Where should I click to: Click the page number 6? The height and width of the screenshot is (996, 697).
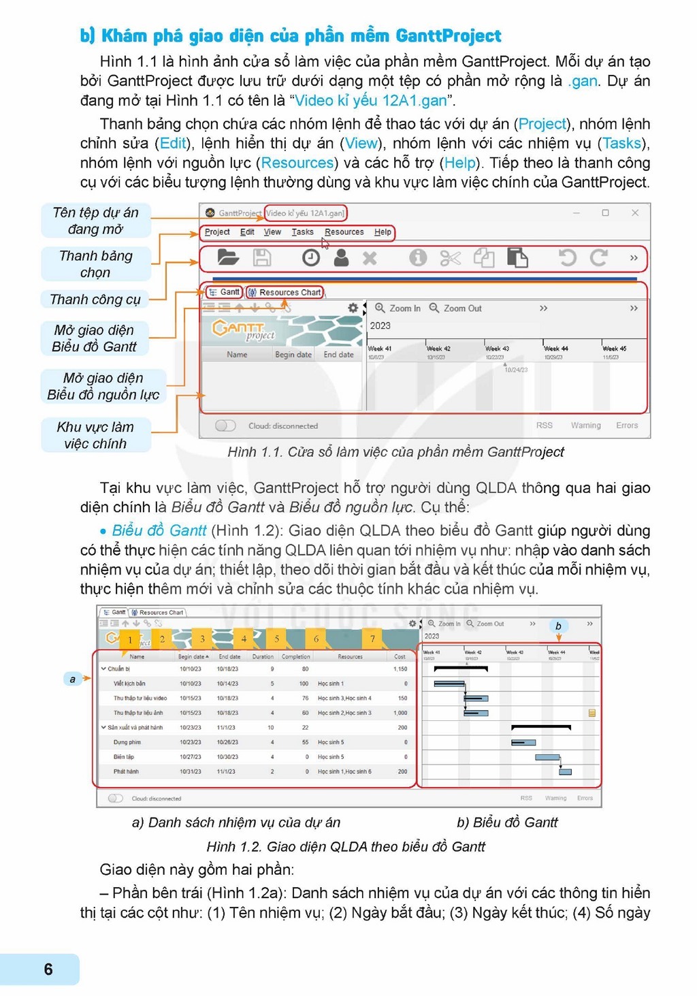click(x=48, y=969)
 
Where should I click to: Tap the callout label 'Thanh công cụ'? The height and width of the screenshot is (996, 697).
click(x=95, y=300)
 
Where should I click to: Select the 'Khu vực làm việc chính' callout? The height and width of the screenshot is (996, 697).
click(x=95, y=435)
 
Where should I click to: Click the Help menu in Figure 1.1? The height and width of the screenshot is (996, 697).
click(x=383, y=232)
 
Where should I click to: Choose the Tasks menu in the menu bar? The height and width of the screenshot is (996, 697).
click(x=302, y=232)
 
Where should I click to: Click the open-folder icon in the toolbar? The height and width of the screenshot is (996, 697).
click(x=227, y=258)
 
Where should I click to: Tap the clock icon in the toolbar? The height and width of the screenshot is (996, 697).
click(x=310, y=258)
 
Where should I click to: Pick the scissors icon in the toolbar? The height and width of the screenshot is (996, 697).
click(x=450, y=258)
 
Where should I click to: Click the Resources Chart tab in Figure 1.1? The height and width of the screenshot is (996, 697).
click(x=285, y=292)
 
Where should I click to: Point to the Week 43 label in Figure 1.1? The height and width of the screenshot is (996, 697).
click(x=496, y=349)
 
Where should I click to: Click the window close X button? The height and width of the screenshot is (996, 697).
click(x=634, y=213)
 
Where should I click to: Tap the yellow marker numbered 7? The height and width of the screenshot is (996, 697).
click(x=372, y=639)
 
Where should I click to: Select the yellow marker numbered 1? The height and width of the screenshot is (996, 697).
click(x=130, y=639)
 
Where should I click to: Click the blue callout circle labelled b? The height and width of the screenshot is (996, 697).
click(x=558, y=626)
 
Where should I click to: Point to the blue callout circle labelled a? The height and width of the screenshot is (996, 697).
click(x=72, y=679)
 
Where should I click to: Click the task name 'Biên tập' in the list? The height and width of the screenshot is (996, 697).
click(x=124, y=757)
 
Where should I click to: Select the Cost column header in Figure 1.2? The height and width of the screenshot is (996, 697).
click(x=400, y=657)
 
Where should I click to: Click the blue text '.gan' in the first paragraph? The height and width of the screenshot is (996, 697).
click(x=583, y=81)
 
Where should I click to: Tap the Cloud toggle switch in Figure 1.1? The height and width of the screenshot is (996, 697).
click(x=225, y=425)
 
